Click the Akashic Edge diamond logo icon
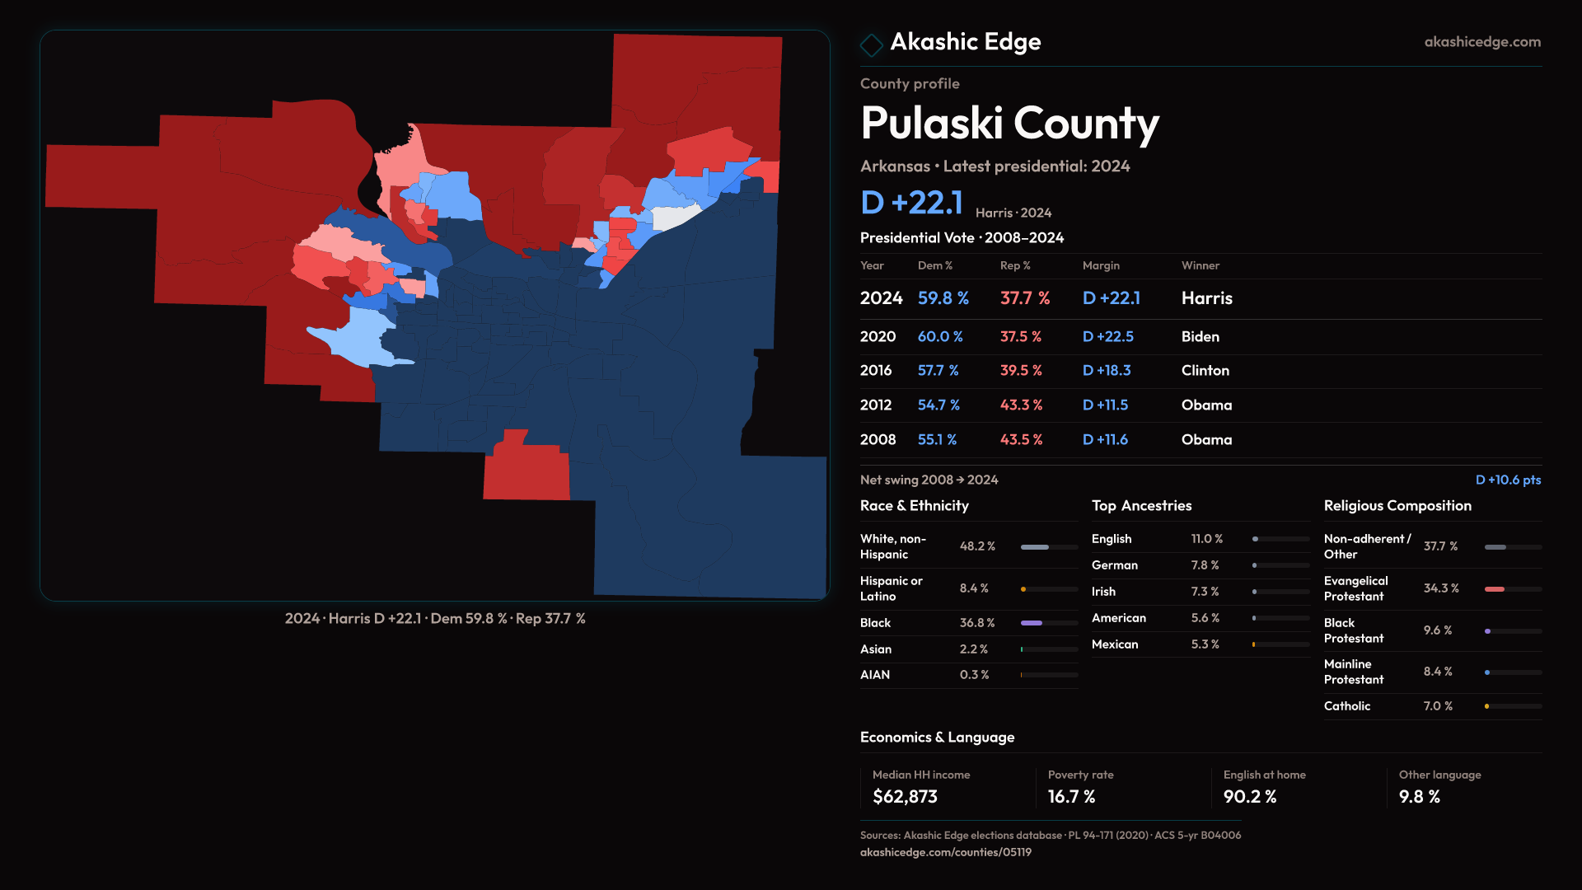871,44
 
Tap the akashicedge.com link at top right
1481,42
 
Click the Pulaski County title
1009,124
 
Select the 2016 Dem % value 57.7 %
938,371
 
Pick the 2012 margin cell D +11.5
1105,405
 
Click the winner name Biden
1200,337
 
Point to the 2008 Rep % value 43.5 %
1021,440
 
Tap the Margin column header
1101,265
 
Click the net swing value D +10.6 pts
1507,480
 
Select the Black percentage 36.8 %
976,623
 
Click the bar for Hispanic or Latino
1048,589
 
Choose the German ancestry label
1114,565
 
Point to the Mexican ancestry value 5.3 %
1205,644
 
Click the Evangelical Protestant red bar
1495,589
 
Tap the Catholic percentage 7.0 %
1438,706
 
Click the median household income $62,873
905,797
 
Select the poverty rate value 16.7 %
1071,797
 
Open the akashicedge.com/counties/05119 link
945,852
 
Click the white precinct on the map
674,218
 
